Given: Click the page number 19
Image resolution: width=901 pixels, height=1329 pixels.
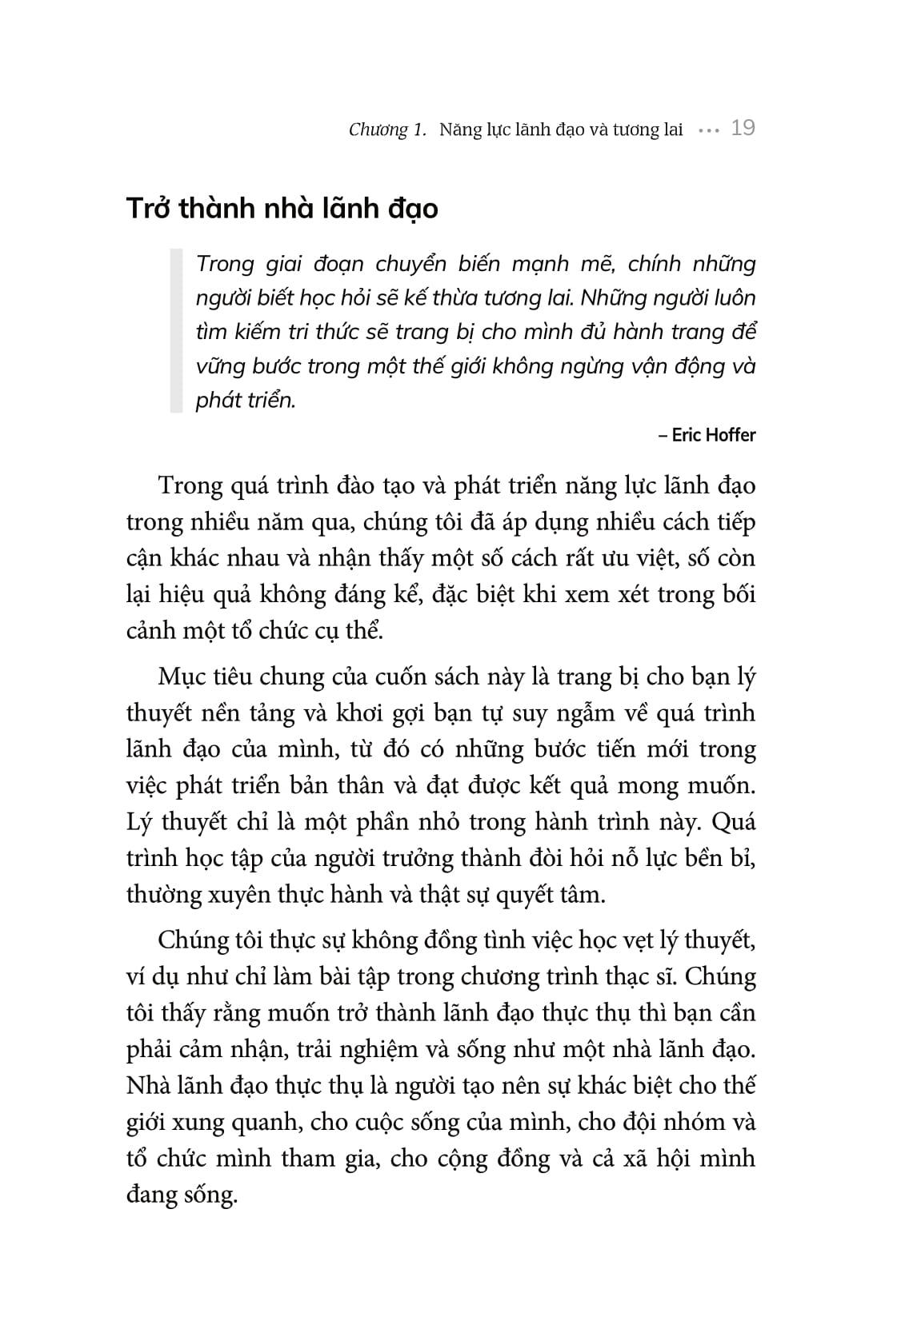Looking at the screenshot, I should [743, 129].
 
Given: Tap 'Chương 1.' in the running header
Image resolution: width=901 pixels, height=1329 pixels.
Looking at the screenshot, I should [388, 130].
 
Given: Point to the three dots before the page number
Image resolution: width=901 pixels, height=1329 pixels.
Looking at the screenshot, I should [708, 130].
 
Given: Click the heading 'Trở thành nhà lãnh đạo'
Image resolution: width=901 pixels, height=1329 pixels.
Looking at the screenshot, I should [282, 209].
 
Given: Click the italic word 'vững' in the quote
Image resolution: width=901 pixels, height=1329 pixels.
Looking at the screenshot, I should [217, 366].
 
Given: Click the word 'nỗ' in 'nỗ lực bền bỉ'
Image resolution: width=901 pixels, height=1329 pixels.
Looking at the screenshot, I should [631, 858].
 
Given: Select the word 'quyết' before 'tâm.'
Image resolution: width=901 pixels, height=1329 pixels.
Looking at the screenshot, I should [533, 894].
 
